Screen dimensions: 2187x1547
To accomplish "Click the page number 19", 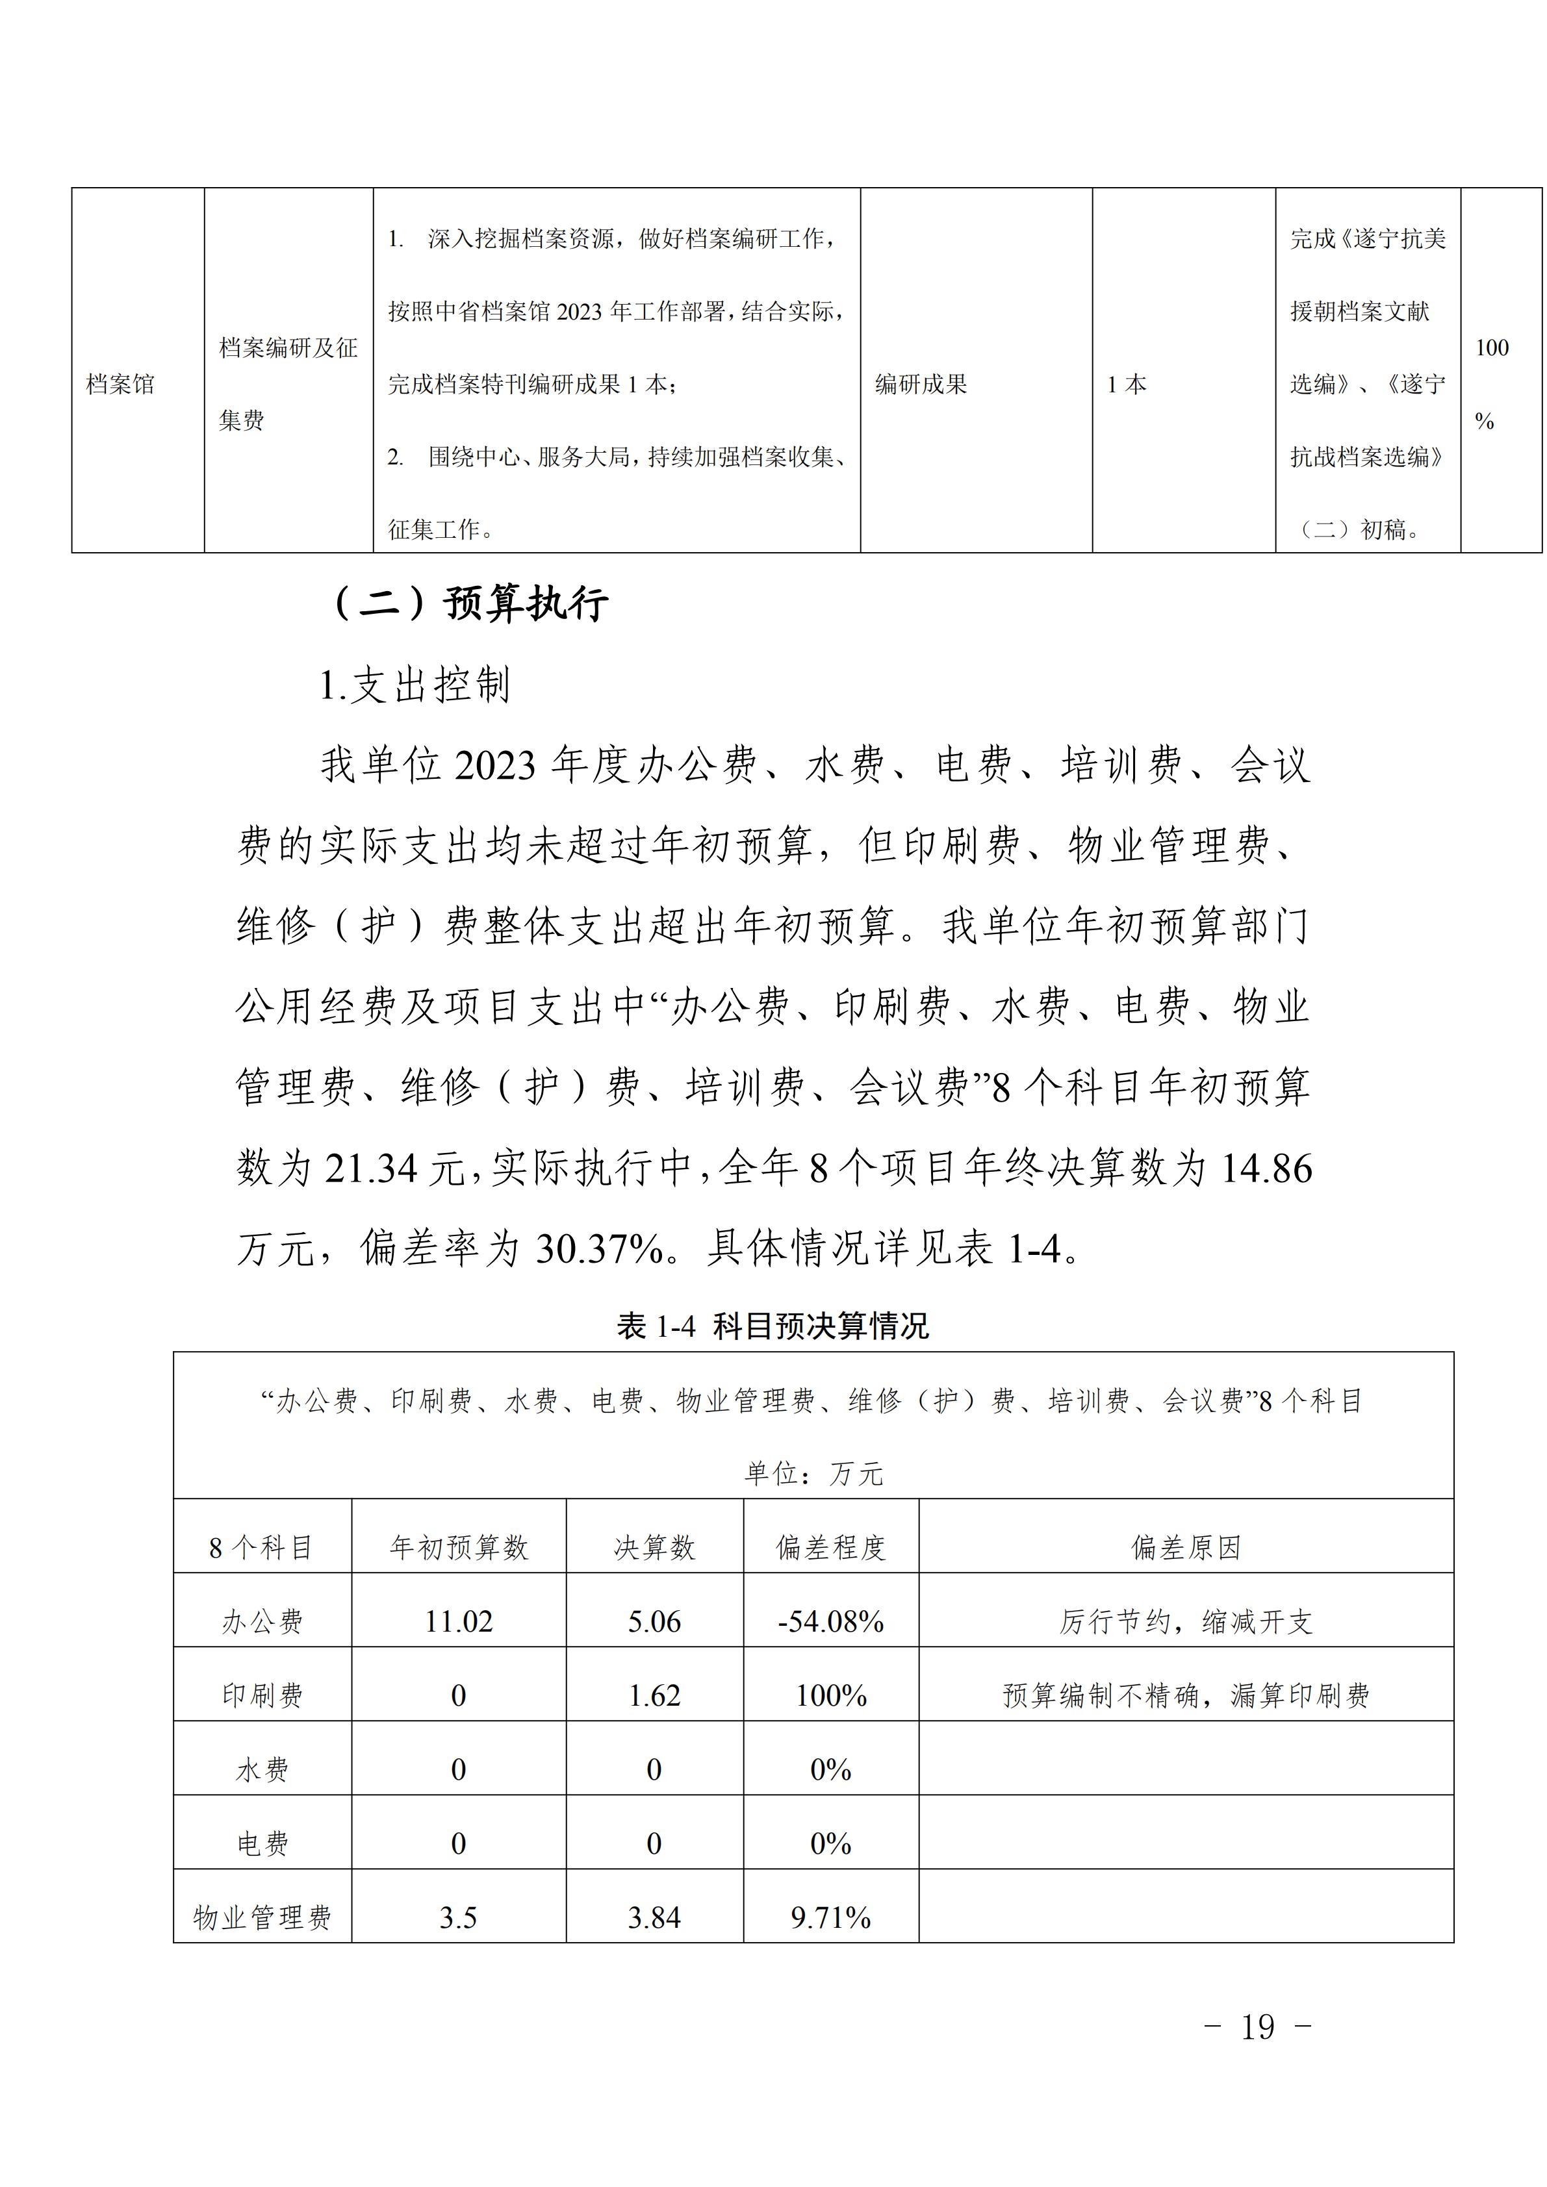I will coord(1257,2027).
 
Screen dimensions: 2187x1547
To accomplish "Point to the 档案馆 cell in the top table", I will coord(120,385).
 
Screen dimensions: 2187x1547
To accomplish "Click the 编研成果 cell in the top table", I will coord(921,385).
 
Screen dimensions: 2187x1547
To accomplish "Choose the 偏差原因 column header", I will coord(1186,1548).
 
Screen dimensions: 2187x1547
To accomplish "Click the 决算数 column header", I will coord(654,1548).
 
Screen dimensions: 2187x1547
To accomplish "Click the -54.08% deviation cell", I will coord(830,1622).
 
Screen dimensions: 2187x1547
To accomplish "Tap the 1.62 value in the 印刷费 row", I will coord(654,1697).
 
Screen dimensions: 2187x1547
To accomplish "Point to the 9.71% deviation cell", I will coord(830,1918).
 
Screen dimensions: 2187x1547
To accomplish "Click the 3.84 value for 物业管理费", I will coord(654,1918).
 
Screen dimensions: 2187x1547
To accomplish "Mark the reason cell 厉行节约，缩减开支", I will coord(1186,1622).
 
